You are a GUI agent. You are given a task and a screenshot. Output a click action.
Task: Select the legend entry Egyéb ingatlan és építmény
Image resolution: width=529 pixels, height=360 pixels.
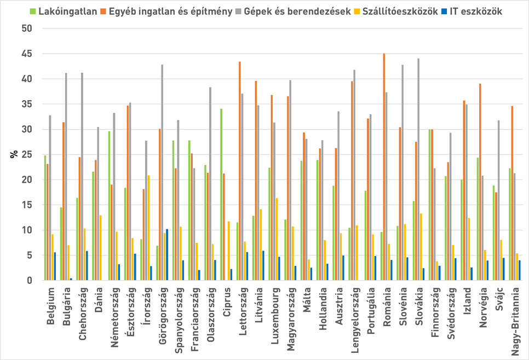(170, 11)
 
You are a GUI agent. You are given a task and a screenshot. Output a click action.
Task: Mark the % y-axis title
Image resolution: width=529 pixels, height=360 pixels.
(13, 154)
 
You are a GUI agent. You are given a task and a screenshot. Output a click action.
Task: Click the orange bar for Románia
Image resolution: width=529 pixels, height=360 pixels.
(384, 167)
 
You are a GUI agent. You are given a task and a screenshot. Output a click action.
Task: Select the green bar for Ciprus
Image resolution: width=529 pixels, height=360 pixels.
(221, 195)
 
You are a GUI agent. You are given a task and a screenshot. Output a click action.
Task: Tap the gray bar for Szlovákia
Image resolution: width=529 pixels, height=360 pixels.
(419, 170)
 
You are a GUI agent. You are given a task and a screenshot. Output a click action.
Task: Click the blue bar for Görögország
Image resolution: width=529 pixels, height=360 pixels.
(167, 255)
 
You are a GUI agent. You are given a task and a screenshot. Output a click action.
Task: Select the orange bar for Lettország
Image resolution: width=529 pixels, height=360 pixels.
(239, 171)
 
